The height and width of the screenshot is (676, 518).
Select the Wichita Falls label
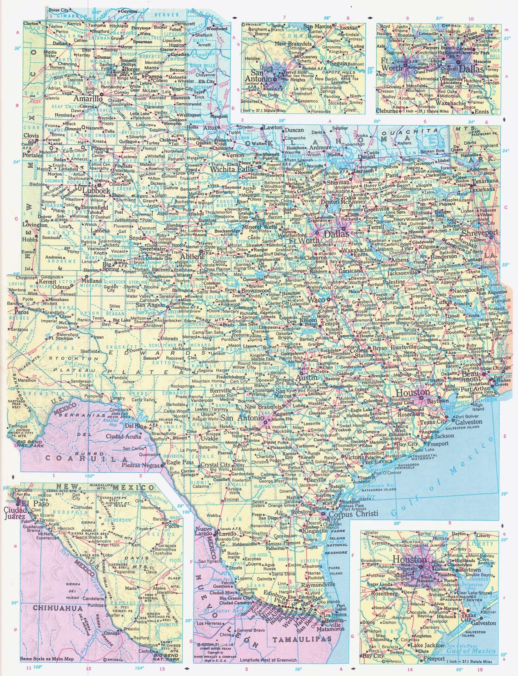pos(228,169)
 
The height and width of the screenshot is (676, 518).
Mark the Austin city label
pos(307,378)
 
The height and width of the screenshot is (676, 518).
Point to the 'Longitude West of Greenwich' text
pos(269,660)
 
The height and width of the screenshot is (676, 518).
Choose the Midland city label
pos(91,281)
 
